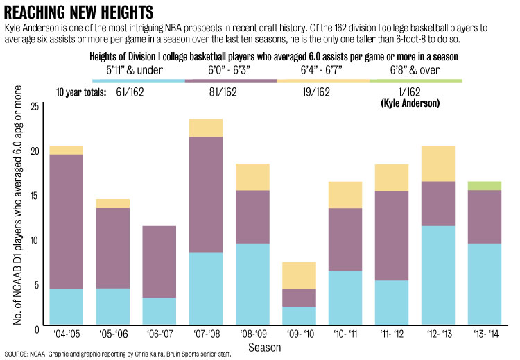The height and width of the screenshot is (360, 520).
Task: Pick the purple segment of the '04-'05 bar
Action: click(x=67, y=221)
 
